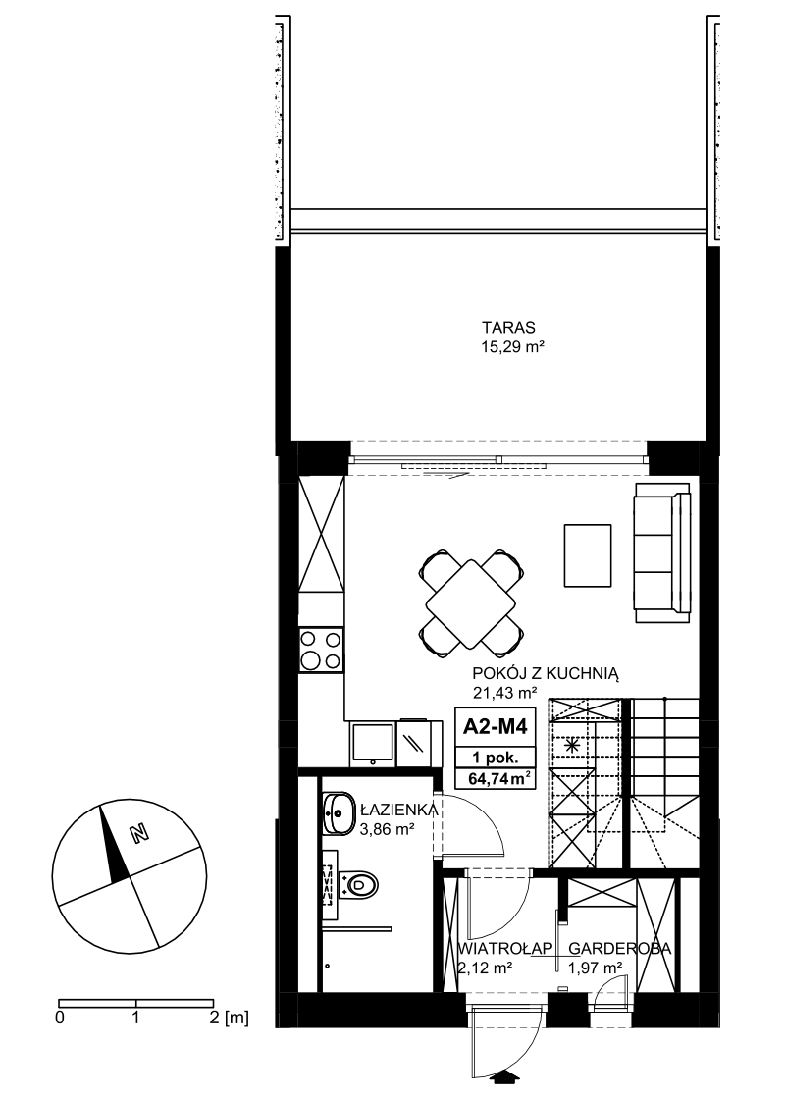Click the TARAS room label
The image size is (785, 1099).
pos(508,328)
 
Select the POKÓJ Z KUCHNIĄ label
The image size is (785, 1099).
pos(546,674)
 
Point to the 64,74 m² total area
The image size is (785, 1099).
pos(495,779)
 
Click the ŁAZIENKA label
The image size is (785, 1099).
pos(398,811)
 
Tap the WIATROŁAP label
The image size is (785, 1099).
pos(505,949)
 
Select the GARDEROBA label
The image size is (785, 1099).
pos(619,949)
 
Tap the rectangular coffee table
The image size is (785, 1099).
pos(588,555)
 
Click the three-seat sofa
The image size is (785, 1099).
pos(663,552)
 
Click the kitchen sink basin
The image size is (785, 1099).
pos(372,744)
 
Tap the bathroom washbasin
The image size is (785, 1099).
pos(340,813)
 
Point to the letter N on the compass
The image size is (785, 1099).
pos(140,833)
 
